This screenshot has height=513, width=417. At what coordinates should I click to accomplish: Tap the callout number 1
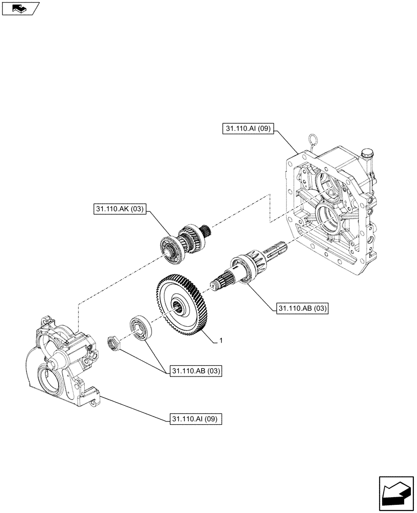pos(220,341)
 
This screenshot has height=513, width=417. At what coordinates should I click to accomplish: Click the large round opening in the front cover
pos(55,382)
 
